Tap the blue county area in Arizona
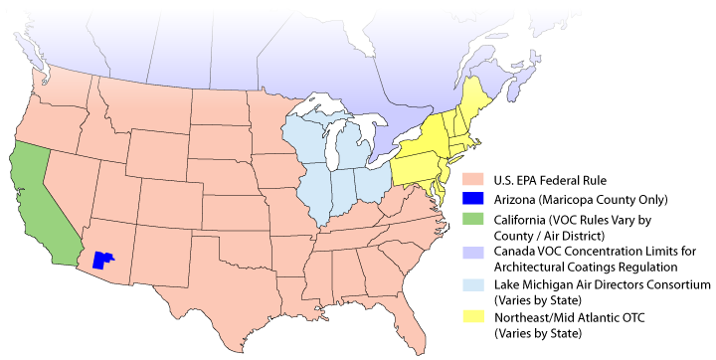pyautogui.click(x=100, y=261)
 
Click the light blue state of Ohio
pyautogui.click(x=375, y=180)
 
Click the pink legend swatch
pyautogui.click(x=473, y=180)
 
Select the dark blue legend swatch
pyautogui.click(x=473, y=199)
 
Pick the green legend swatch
pyautogui.click(x=473, y=218)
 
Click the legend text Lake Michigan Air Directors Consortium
pyautogui.click(x=602, y=284)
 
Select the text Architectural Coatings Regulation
pyautogui.click(x=586, y=267)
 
